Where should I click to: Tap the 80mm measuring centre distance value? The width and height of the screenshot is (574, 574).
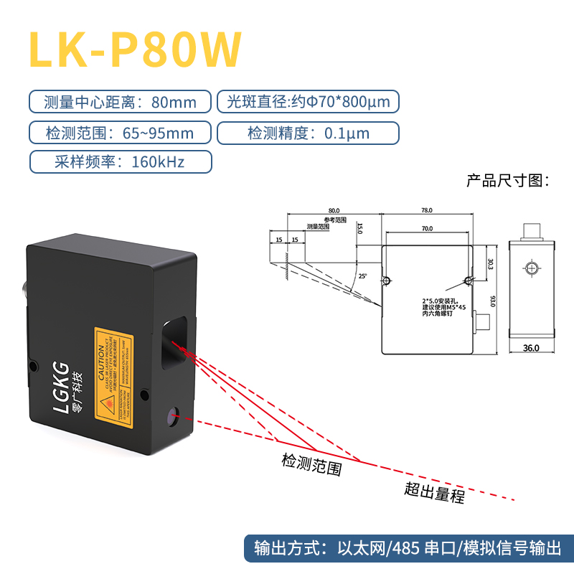[x=174, y=102]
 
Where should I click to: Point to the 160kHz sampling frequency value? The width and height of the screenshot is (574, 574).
[x=158, y=161]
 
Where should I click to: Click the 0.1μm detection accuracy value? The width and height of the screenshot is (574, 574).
[x=347, y=133]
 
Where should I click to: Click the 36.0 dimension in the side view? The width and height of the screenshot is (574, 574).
[x=530, y=348]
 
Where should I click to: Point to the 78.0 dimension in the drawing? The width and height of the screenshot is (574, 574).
[x=426, y=210]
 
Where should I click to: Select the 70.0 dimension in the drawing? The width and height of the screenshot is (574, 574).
[x=426, y=228]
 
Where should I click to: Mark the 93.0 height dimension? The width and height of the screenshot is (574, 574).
[x=493, y=300]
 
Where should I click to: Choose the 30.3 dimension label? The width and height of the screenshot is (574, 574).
[x=491, y=265]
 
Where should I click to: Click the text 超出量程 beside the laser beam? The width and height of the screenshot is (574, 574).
[x=434, y=492]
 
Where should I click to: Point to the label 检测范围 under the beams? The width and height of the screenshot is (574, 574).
[x=311, y=466]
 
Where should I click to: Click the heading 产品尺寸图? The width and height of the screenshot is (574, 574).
[x=507, y=180]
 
